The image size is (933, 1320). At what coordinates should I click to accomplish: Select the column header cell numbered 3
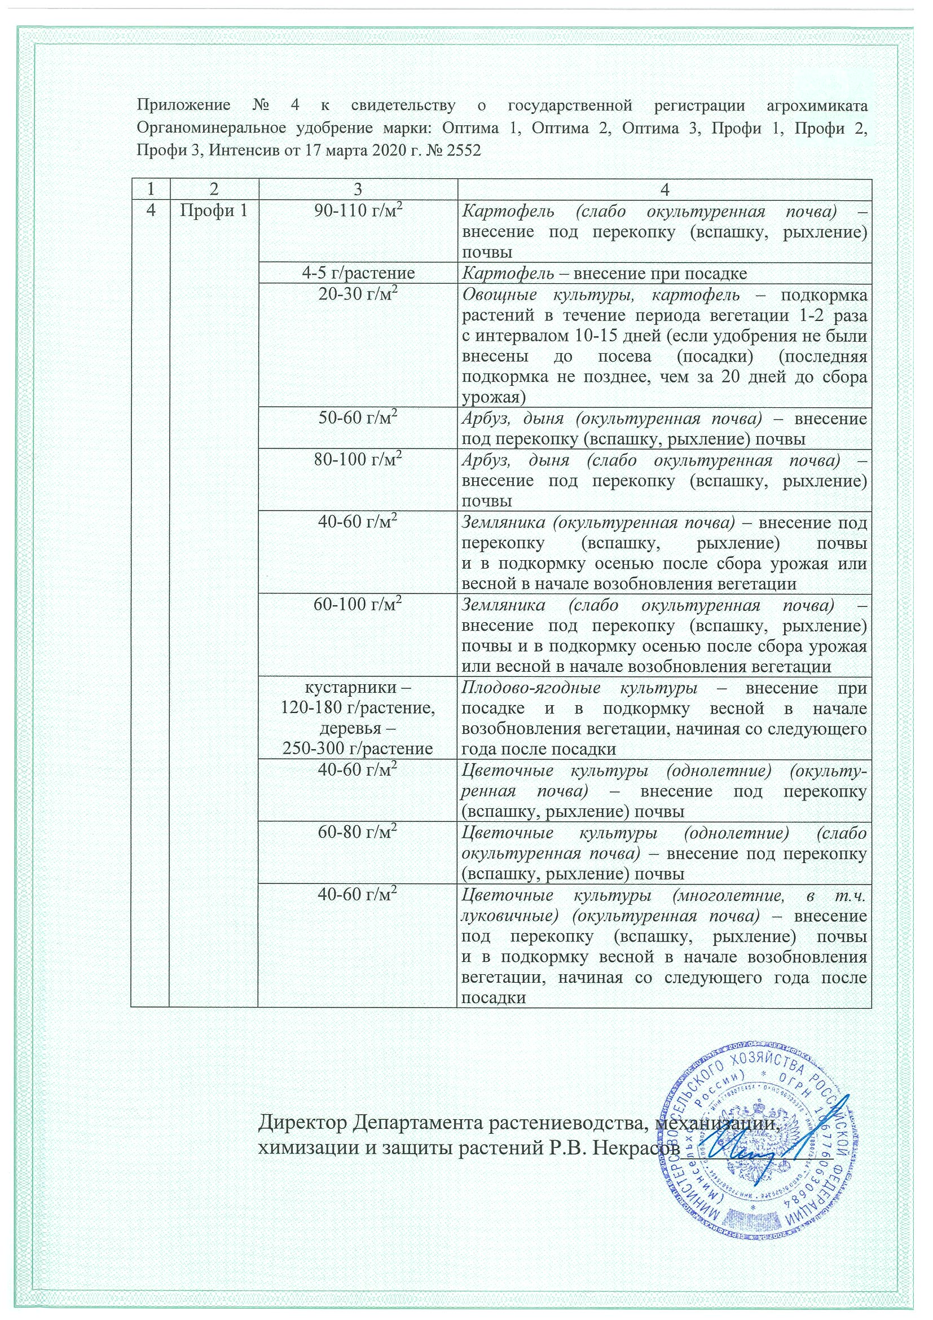(358, 189)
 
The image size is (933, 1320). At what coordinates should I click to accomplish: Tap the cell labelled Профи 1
(213, 211)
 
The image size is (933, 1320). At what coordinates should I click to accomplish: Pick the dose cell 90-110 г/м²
(358, 211)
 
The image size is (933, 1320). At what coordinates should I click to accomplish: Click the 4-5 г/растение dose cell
(358, 273)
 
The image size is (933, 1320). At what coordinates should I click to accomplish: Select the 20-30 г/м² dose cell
(358, 294)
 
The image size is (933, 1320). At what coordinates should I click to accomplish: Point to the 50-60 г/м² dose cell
(358, 419)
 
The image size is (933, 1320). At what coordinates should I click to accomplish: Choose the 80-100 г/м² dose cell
(358, 460)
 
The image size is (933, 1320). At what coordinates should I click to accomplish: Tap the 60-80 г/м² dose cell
(358, 833)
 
